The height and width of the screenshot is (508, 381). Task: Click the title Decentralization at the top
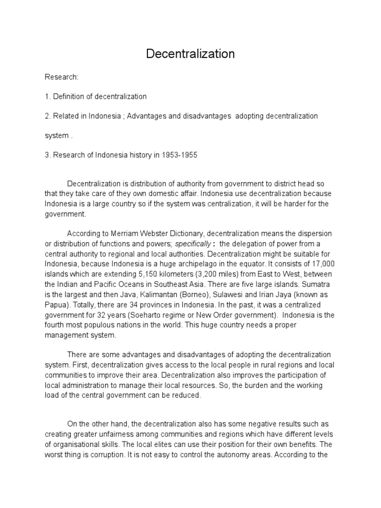(x=190, y=54)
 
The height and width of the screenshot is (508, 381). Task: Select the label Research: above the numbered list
(x=62, y=77)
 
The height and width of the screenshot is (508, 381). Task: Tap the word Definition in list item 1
(x=68, y=96)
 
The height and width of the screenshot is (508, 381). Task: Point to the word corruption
(x=96, y=454)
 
